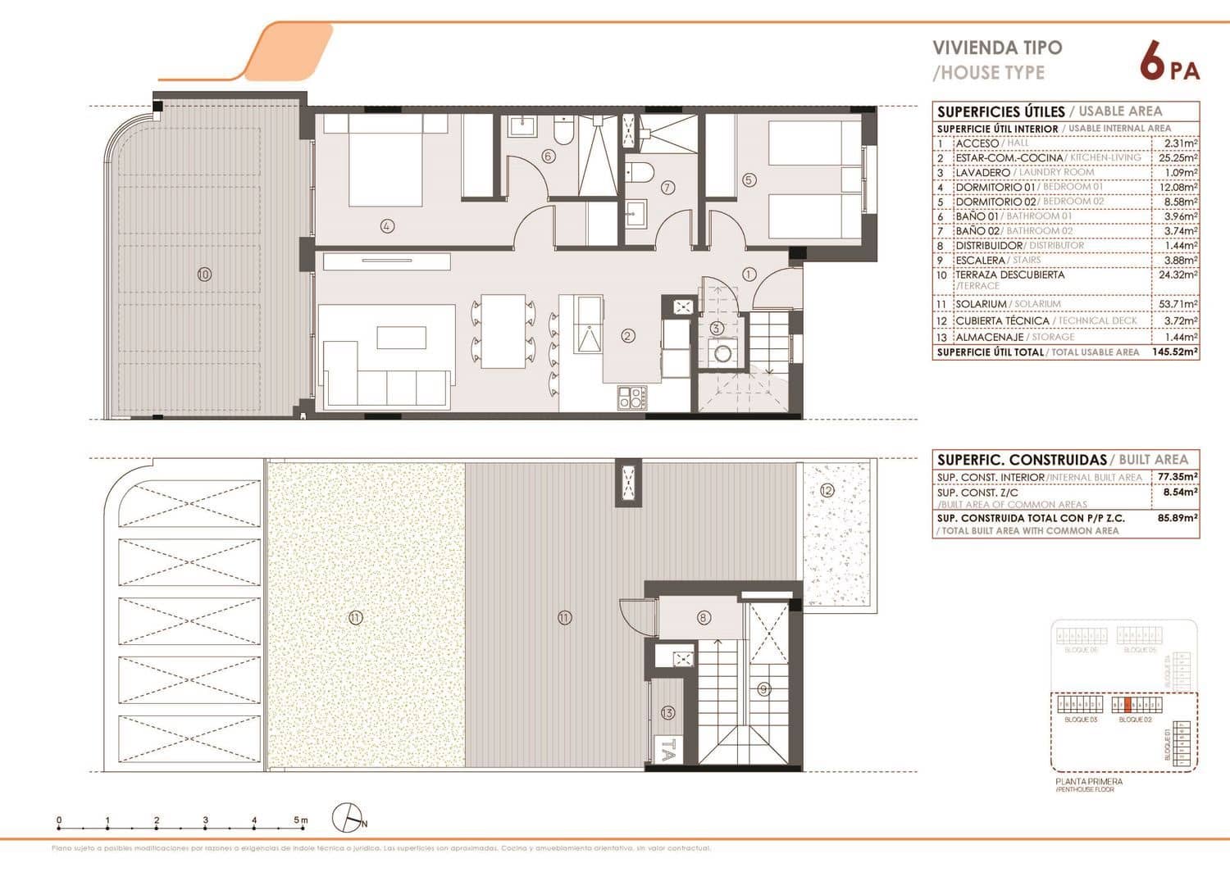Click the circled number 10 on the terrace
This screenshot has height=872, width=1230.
point(204,275)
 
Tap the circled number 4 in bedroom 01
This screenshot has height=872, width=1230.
point(387,225)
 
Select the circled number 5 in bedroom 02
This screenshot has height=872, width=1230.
point(749,180)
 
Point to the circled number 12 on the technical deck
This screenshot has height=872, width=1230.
point(827,490)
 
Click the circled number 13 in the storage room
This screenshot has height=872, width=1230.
point(667,713)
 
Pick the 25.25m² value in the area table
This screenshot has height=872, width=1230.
point(1178,157)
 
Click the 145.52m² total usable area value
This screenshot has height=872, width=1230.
point(1175,352)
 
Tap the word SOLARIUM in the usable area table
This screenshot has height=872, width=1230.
point(981,304)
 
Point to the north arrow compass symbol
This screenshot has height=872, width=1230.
point(349,818)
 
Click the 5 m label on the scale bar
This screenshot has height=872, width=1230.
point(301,820)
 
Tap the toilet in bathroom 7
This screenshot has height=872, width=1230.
point(638,172)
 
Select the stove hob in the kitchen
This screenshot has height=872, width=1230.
point(631,397)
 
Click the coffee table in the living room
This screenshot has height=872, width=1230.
point(401,338)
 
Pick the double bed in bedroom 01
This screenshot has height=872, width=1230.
point(386,159)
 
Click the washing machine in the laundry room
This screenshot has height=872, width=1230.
point(722,354)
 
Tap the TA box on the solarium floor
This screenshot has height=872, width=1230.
point(668,750)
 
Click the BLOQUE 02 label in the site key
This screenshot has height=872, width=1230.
point(1136,719)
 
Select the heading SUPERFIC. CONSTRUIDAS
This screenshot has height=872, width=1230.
point(1022,460)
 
